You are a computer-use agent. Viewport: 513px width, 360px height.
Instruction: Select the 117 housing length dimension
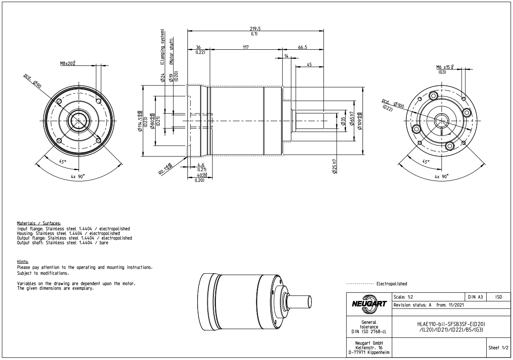(246, 47)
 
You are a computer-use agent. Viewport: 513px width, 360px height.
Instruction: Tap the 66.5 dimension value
(303, 47)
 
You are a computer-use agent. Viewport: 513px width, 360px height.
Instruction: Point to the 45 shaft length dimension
(309, 64)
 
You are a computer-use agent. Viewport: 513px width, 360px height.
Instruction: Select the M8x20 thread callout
(70, 64)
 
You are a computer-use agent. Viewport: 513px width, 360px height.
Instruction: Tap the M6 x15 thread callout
(445, 67)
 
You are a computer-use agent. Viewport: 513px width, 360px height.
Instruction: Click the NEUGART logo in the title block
(368, 304)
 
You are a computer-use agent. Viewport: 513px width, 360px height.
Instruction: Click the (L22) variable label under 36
(200, 52)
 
